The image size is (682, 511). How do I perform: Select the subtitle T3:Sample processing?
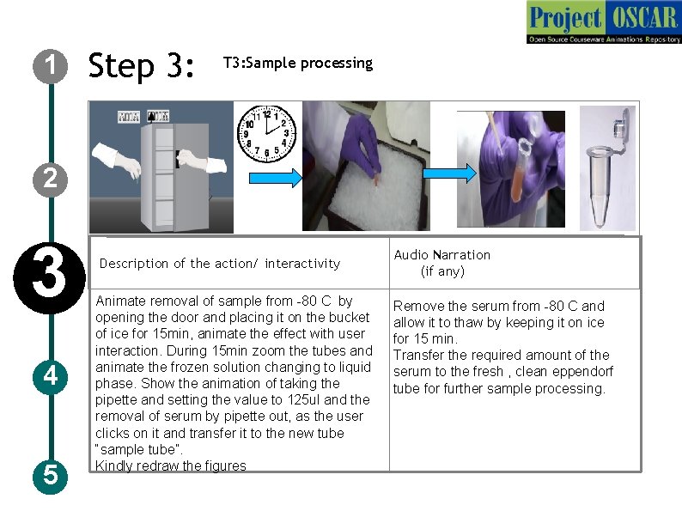297,63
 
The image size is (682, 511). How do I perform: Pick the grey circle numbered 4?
51,376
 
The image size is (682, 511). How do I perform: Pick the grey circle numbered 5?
51,474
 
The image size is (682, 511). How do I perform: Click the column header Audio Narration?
441,255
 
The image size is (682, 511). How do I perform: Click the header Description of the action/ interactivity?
220,264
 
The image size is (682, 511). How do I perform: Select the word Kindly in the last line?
114,466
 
